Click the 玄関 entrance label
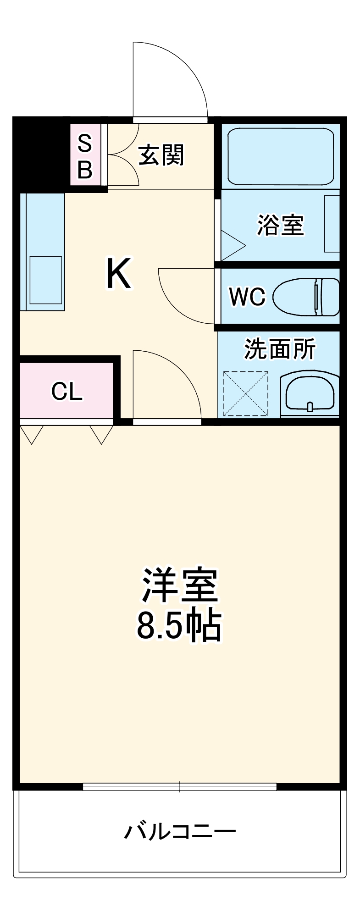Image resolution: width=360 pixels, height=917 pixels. [161, 155]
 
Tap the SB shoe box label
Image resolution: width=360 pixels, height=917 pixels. [85, 156]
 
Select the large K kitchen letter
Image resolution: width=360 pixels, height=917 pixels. [119, 274]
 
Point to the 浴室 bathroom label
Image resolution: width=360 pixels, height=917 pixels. [280, 225]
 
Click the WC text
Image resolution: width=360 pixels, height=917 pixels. [247, 297]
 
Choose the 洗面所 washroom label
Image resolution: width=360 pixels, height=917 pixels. [279, 349]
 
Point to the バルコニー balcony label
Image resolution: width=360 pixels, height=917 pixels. [180, 831]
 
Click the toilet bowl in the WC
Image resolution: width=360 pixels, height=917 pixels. [305, 297]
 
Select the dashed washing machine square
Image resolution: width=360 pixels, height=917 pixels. [245, 394]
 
